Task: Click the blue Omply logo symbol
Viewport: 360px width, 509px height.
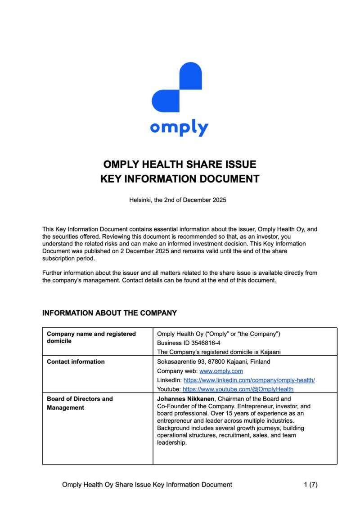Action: (177, 87)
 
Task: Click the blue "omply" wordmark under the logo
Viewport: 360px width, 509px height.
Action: (179, 128)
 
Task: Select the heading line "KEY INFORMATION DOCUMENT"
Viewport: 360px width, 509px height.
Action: (180, 179)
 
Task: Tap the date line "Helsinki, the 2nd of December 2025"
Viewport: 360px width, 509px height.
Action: (178, 200)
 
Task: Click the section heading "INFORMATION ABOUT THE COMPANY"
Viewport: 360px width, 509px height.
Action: (109, 313)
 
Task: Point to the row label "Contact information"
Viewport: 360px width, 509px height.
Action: (76, 362)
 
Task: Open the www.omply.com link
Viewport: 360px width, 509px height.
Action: (221, 371)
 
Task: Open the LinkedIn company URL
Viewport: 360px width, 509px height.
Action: (249, 380)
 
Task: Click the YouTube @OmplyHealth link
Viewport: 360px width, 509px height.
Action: (238, 389)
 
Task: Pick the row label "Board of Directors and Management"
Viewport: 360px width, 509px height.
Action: (80, 403)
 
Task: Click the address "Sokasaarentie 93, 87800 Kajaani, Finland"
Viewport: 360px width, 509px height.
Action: (214, 362)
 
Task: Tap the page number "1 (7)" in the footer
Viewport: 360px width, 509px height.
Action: (310, 484)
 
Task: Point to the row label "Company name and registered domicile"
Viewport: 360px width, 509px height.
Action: (91, 337)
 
